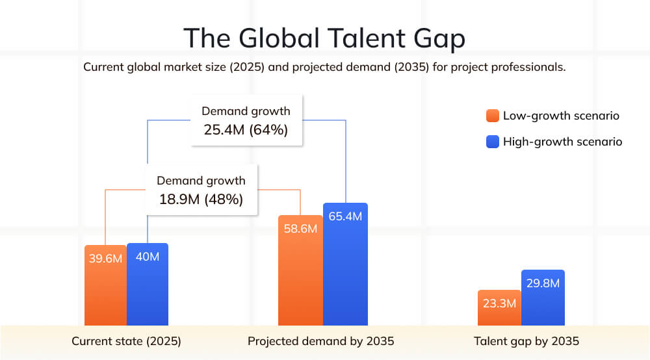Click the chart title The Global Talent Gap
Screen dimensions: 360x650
pyautogui.click(x=324, y=38)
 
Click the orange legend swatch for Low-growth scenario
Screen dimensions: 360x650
pyautogui.click(x=492, y=116)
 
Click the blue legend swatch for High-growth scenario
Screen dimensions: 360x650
pyautogui.click(x=492, y=142)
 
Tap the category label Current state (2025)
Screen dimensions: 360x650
pyautogui.click(x=126, y=341)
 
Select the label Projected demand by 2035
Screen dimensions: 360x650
pyautogui.click(x=321, y=341)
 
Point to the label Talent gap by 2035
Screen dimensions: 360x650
pyautogui.click(x=526, y=341)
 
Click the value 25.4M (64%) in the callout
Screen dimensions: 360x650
pyautogui.click(x=246, y=130)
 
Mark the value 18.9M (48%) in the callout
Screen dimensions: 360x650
pyautogui.click(x=201, y=199)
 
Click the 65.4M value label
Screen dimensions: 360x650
pyautogui.click(x=345, y=216)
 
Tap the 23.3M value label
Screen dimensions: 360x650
pyautogui.click(x=499, y=303)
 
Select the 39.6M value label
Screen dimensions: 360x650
pyautogui.click(x=105, y=258)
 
